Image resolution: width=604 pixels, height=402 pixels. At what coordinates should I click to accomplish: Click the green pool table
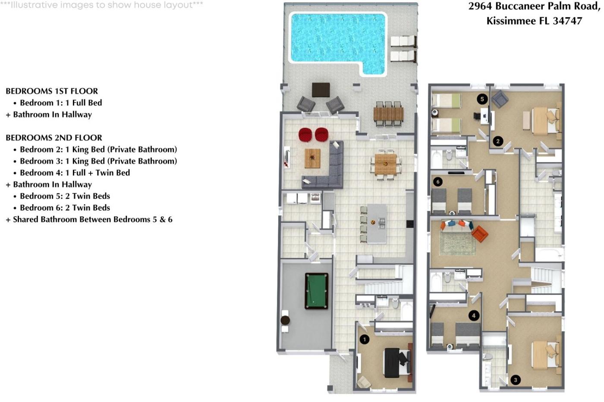(317, 291)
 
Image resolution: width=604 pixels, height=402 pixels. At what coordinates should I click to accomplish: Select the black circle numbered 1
(365, 339)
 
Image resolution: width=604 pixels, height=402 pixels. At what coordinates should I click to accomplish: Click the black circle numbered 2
(498, 141)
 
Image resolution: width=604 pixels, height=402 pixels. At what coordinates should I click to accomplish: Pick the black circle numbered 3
(516, 380)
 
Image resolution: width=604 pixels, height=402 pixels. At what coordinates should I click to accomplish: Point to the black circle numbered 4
(474, 315)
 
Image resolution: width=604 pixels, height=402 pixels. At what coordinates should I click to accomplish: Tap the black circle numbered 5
(482, 99)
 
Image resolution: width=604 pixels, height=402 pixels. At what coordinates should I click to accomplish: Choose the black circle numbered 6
(437, 182)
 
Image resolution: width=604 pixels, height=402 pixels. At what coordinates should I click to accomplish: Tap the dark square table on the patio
(321, 90)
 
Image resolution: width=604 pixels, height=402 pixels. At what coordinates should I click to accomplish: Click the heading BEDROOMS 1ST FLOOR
(52, 91)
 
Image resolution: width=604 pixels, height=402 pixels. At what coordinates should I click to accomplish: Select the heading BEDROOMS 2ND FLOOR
(54, 137)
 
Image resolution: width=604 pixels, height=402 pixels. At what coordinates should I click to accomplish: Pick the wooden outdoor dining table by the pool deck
(388, 114)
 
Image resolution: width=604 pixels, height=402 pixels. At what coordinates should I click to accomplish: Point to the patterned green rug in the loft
(458, 244)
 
